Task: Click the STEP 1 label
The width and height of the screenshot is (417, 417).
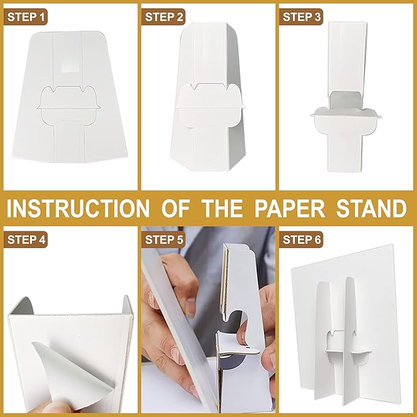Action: click(x=26, y=17)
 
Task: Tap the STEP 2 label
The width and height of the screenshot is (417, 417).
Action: click(x=163, y=17)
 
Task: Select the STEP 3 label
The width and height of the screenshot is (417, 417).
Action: click(x=301, y=17)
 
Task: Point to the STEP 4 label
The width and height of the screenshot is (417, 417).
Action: click(x=26, y=240)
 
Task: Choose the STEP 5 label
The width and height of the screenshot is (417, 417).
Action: click(x=163, y=240)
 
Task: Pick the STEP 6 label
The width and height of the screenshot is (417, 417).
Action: click(x=301, y=240)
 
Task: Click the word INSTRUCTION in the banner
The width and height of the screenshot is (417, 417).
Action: click(x=79, y=208)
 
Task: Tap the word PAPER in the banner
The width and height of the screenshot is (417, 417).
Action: click(x=290, y=208)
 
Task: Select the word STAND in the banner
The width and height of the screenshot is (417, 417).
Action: click(x=372, y=208)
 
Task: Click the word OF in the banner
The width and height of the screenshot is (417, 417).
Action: click(x=176, y=208)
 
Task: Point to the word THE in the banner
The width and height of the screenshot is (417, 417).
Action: click(x=222, y=208)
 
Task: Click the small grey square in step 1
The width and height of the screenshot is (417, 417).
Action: click(x=69, y=66)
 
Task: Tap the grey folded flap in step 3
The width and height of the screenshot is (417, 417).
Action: click(x=345, y=100)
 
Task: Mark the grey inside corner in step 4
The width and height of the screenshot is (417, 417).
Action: click(x=22, y=306)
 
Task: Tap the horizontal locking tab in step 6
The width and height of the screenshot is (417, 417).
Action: click(x=348, y=353)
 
